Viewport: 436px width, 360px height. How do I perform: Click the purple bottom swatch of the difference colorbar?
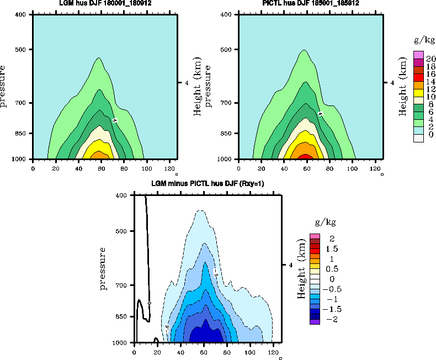(315, 321)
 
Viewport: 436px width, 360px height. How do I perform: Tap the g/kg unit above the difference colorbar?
(325, 223)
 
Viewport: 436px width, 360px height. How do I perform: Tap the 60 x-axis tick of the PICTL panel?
(307, 168)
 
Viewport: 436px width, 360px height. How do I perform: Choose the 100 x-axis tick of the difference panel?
(251, 351)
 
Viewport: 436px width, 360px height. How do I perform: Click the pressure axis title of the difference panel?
(103, 269)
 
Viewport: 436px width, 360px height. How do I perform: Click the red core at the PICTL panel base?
(305, 157)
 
